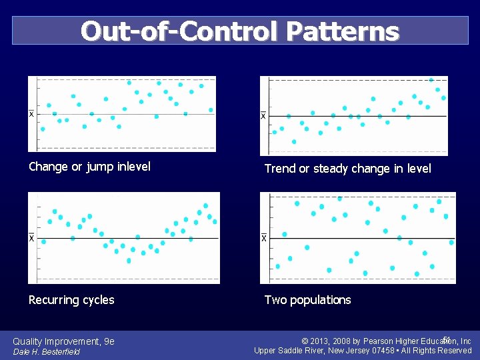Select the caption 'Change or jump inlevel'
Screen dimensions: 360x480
[89, 167]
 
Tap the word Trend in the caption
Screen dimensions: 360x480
[280, 169]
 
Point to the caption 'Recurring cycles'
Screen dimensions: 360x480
[71, 300]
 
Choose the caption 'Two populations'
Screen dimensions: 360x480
[307, 300]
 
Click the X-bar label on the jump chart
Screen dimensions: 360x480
[31, 114]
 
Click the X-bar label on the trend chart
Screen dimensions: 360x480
[263, 116]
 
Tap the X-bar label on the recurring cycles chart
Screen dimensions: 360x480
[31, 238]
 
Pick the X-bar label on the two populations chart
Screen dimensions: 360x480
[263, 238]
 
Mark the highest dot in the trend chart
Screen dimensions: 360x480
[431, 80]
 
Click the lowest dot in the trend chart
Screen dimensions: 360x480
[294, 141]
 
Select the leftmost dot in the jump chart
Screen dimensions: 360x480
[43, 129]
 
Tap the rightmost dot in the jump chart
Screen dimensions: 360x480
[211, 110]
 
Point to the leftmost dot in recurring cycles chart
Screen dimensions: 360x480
[44, 241]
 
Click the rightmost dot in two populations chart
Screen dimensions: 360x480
[451, 243]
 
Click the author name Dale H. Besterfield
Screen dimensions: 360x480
[46, 352]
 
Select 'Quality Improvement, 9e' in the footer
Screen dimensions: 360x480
[63, 341]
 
